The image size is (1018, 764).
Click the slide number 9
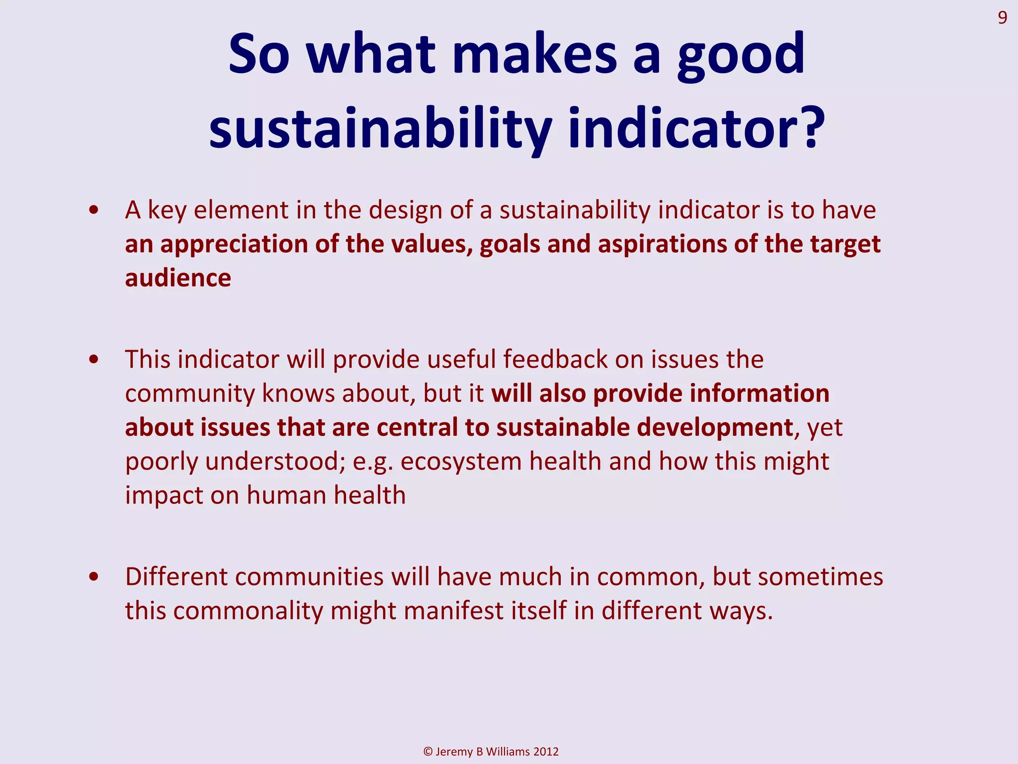tap(1002, 18)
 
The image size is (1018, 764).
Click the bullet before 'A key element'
tap(93, 210)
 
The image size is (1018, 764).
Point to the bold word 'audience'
tap(178, 278)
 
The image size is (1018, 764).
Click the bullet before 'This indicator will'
tap(93, 360)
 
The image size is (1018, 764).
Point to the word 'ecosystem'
tap(461, 461)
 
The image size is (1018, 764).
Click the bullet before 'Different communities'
tap(93, 577)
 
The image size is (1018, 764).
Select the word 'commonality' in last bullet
tap(248, 611)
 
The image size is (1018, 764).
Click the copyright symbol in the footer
tap(428, 752)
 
